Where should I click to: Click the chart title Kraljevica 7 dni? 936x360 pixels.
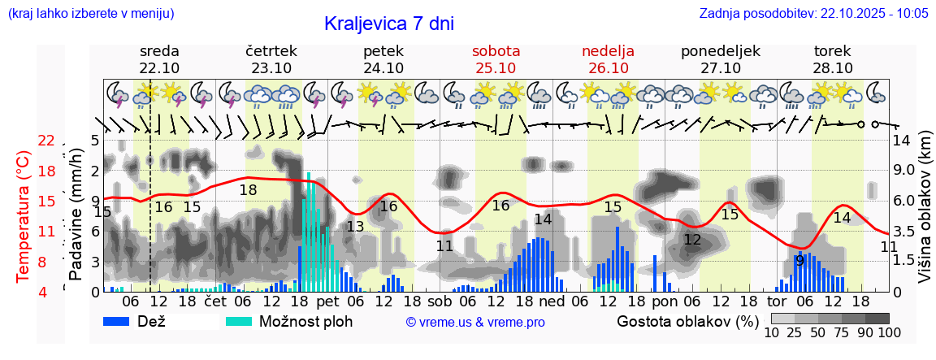(388, 24)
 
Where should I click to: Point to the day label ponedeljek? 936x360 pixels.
(720, 50)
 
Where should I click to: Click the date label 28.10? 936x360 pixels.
(832, 68)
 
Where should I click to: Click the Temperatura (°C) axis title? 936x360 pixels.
(23, 216)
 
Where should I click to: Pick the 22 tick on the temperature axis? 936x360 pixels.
(46, 141)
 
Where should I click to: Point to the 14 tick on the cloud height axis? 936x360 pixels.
(902, 141)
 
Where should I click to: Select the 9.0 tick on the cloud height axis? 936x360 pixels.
(905, 171)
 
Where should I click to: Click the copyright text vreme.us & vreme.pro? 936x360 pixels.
(475, 322)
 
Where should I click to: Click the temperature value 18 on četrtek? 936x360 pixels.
(248, 189)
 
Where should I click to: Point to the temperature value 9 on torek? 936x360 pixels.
(799, 261)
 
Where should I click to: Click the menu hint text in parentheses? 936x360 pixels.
(90, 13)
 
